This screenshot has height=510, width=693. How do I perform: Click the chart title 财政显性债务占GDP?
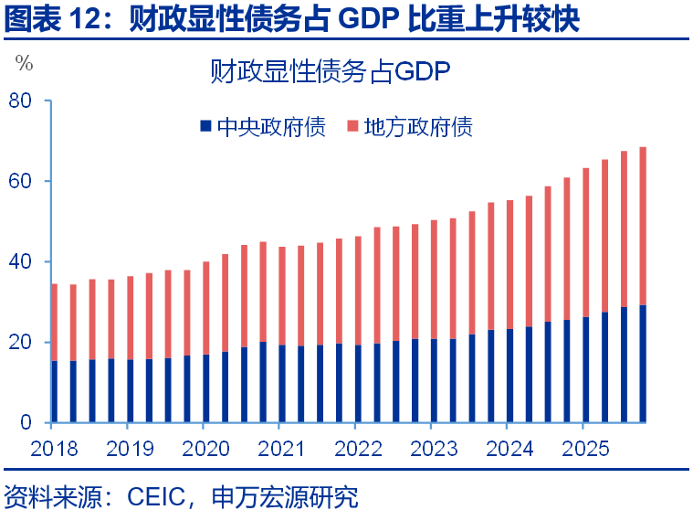coord(330,71)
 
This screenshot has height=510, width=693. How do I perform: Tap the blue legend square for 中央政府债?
coord(205,127)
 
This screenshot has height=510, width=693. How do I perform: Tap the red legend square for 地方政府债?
coord(352,127)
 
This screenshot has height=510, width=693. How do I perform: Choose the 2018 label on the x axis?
coord(54,449)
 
